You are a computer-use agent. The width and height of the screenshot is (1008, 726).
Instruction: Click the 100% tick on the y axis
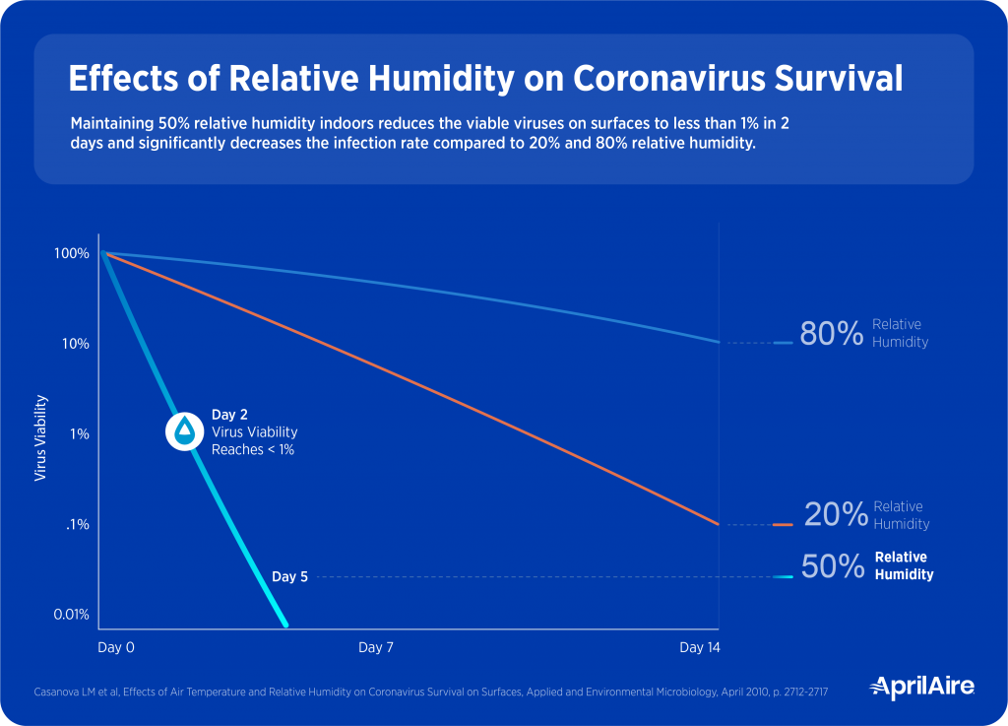73,253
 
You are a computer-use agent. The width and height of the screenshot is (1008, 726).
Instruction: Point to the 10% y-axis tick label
76,344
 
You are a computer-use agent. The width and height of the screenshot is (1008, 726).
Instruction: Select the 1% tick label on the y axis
81,433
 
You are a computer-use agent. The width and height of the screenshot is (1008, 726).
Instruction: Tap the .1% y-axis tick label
79,524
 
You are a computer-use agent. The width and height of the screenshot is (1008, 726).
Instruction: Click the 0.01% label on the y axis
71,615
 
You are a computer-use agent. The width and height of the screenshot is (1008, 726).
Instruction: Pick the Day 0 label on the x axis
115,647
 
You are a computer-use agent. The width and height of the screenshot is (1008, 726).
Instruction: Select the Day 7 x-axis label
375,647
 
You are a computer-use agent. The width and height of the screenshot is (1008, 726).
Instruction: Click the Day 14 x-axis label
700,647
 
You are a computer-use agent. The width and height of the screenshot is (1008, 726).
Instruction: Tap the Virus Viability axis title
40,437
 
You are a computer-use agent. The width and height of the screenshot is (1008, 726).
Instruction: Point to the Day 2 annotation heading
229,415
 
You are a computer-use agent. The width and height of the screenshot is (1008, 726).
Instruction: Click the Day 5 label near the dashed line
289,577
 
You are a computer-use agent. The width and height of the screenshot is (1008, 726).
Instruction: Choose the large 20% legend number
836,515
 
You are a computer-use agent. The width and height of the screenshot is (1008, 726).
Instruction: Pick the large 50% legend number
833,566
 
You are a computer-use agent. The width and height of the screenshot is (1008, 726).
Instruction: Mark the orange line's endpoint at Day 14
718,525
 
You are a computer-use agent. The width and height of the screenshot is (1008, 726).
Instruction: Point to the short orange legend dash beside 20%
783,525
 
